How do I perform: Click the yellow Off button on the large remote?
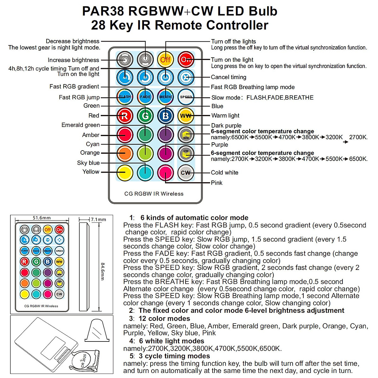[x=165, y=59]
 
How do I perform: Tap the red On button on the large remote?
[x=186, y=59]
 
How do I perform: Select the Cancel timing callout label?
[x=228, y=77]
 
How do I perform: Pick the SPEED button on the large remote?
[x=186, y=97]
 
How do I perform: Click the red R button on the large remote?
[x=125, y=116]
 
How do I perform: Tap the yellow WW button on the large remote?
[x=186, y=116]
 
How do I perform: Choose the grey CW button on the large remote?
[x=186, y=173]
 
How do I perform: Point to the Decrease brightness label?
[x=72, y=41]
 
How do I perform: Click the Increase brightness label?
[x=73, y=60]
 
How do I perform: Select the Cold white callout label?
[x=225, y=173]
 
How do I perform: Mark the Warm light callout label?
[x=225, y=116]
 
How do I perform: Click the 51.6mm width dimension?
[x=42, y=218]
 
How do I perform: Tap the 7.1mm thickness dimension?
[x=98, y=220]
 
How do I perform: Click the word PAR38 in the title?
[x=104, y=11]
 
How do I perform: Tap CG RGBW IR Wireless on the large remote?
[x=154, y=194]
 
